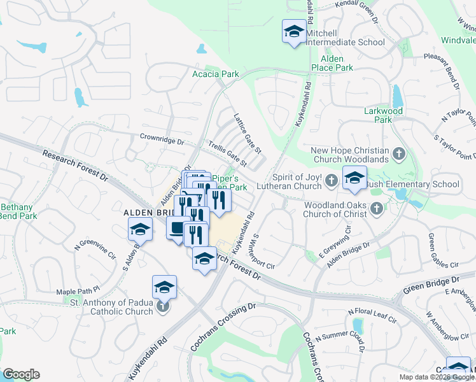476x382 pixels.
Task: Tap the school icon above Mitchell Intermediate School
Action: pyautogui.click(x=293, y=31)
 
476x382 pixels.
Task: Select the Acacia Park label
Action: pyautogui.click(x=216, y=74)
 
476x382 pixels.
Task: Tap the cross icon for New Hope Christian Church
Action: pyautogui.click(x=398, y=154)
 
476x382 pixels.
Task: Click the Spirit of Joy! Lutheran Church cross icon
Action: pyautogui.click(x=331, y=181)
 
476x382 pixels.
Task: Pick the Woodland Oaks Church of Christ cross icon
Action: pyautogui.click(x=377, y=208)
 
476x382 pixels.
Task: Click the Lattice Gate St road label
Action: pyautogui.click(x=248, y=133)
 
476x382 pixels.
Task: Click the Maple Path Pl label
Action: pyautogui.click(x=79, y=291)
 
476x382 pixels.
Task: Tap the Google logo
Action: pyautogui.click(x=22, y=374)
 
